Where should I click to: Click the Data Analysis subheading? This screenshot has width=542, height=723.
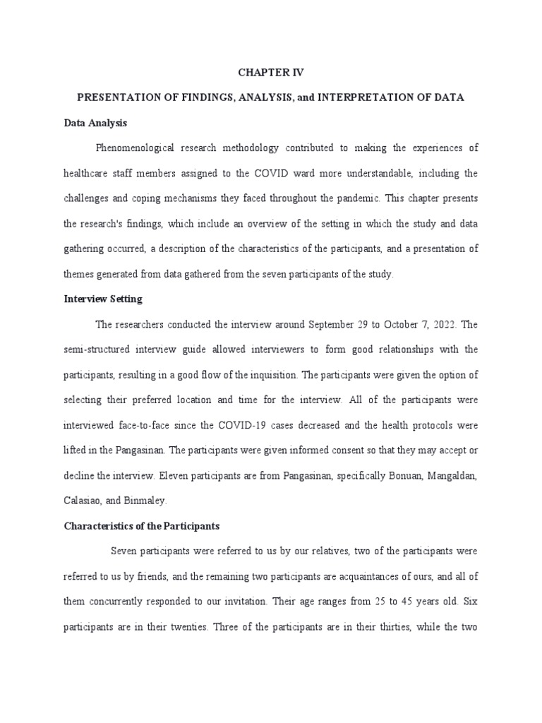coord(95,123)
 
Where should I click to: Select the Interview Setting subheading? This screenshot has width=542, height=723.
coord(103,299)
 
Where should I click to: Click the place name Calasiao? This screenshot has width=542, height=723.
coord(83,501)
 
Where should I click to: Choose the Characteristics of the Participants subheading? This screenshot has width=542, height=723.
coord(142,526)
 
